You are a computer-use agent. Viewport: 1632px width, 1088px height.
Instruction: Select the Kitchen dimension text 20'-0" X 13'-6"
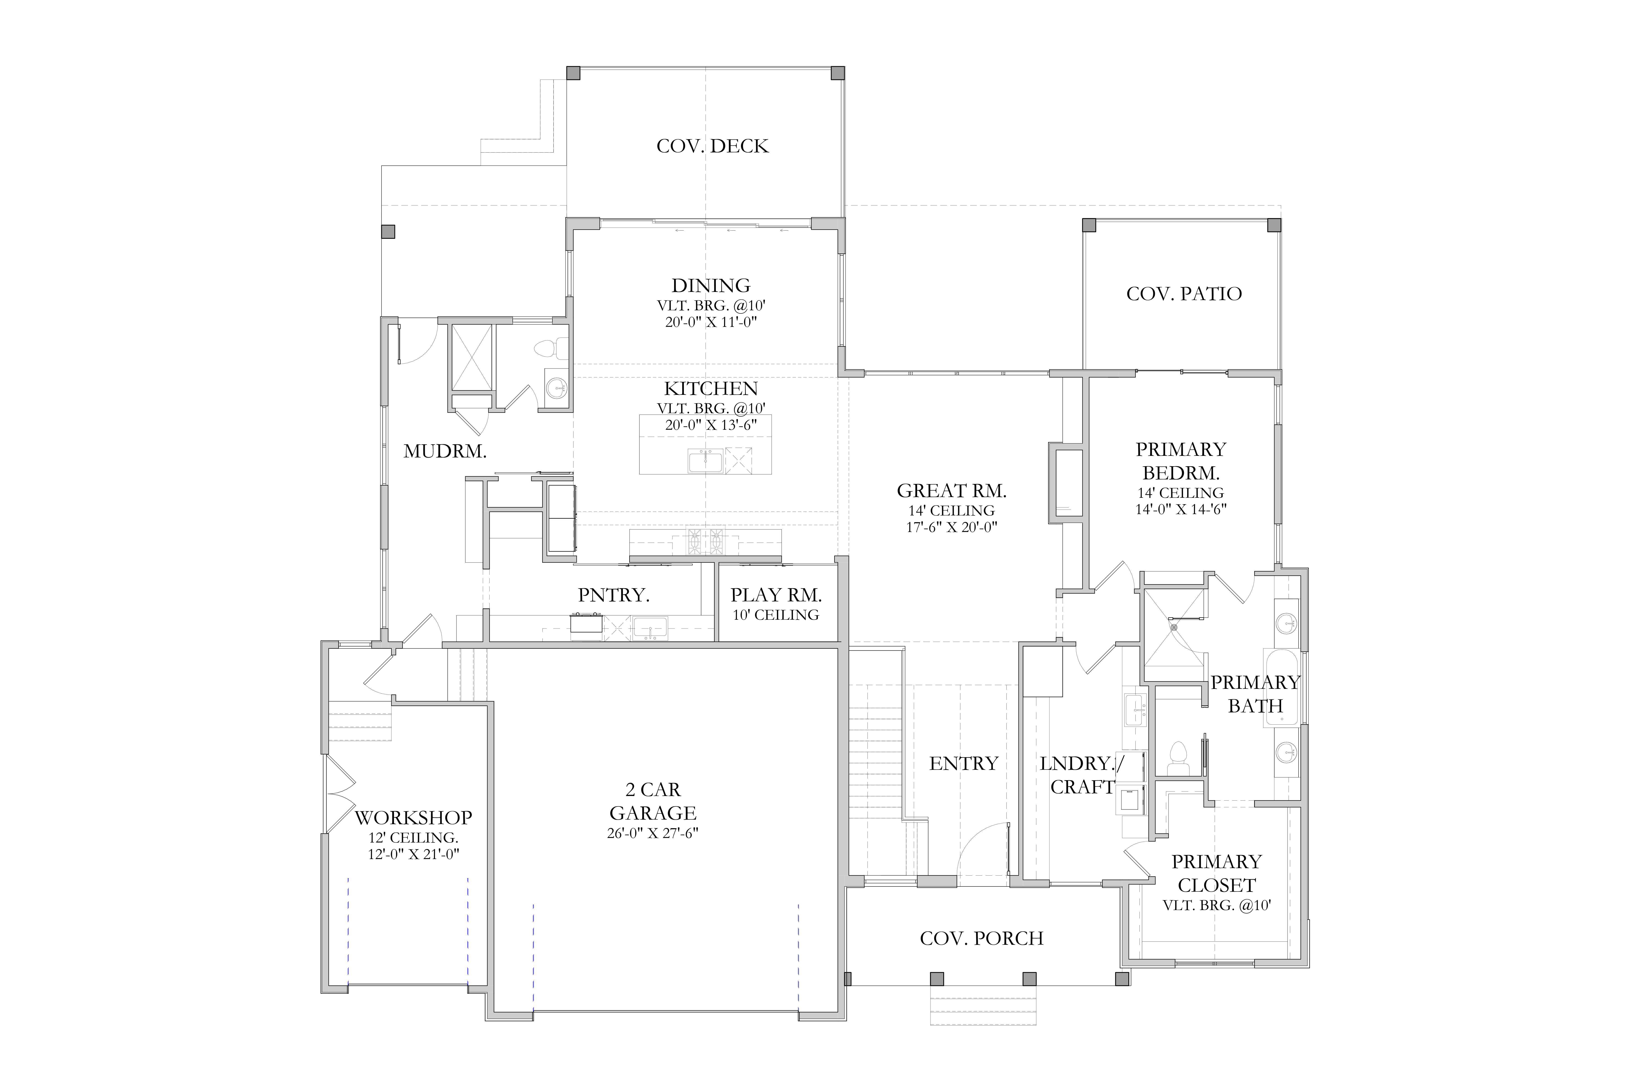[711, 425]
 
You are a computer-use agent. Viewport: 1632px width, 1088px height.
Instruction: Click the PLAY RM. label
[776, 595]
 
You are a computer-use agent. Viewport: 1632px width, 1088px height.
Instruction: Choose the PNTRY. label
[613, 595]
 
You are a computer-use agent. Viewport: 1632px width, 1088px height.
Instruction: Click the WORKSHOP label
[413, 817]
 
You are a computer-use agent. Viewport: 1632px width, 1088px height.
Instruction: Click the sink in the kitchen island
[705, 461]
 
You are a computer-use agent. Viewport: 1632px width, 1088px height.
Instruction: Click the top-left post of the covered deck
[573, 73]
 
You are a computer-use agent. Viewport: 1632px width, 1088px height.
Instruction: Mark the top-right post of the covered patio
[1274, 225]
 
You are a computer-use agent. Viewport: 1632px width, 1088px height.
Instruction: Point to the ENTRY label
[963, 763]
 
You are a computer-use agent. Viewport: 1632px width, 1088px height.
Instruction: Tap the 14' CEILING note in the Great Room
[951, 511]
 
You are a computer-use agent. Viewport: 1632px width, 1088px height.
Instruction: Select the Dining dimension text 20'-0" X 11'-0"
[711, 322]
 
